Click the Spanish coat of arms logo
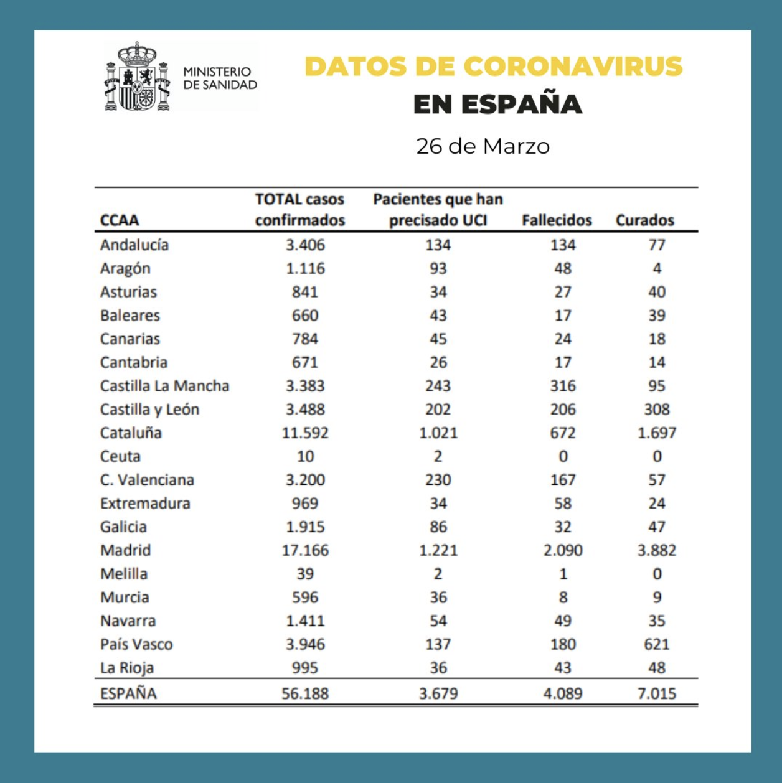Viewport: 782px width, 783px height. [137, 77]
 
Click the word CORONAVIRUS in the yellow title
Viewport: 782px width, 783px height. [573, 67]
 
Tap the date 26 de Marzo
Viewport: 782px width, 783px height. [483, 146]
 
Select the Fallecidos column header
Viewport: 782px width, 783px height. [557, 220]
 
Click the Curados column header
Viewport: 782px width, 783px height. [644, 220]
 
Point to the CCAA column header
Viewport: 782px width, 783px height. [120, 220]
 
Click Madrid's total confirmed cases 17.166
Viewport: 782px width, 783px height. [305, 550]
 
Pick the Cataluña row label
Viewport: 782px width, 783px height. [131, 433]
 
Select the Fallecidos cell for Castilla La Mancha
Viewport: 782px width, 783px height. [563, 386]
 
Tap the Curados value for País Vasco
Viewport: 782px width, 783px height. [657, 644]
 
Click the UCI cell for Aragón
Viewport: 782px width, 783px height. [438, 268]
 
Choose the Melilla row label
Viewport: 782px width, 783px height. [124, 574]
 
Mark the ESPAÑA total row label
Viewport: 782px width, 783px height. [128, 693]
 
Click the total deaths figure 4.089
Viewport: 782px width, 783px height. [563, 693]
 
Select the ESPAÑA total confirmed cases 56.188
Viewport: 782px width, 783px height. [305, 693]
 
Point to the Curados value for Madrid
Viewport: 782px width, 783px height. [657, 550]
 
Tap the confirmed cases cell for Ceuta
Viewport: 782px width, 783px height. [305, 456]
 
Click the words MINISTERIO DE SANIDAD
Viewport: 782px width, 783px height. [220, 78]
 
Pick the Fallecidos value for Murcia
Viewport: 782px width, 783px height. [563, 598]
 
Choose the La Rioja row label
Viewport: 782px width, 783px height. [127, 668]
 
